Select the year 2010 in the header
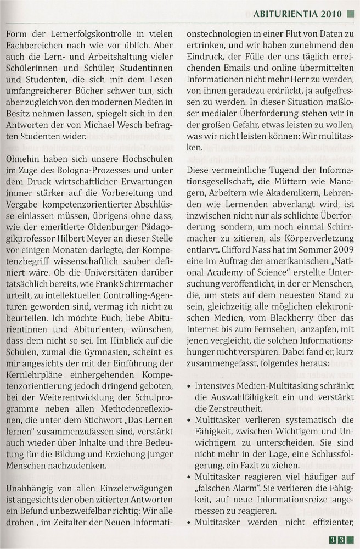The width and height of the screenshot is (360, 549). pyautogui.click(x=330, y=13)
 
